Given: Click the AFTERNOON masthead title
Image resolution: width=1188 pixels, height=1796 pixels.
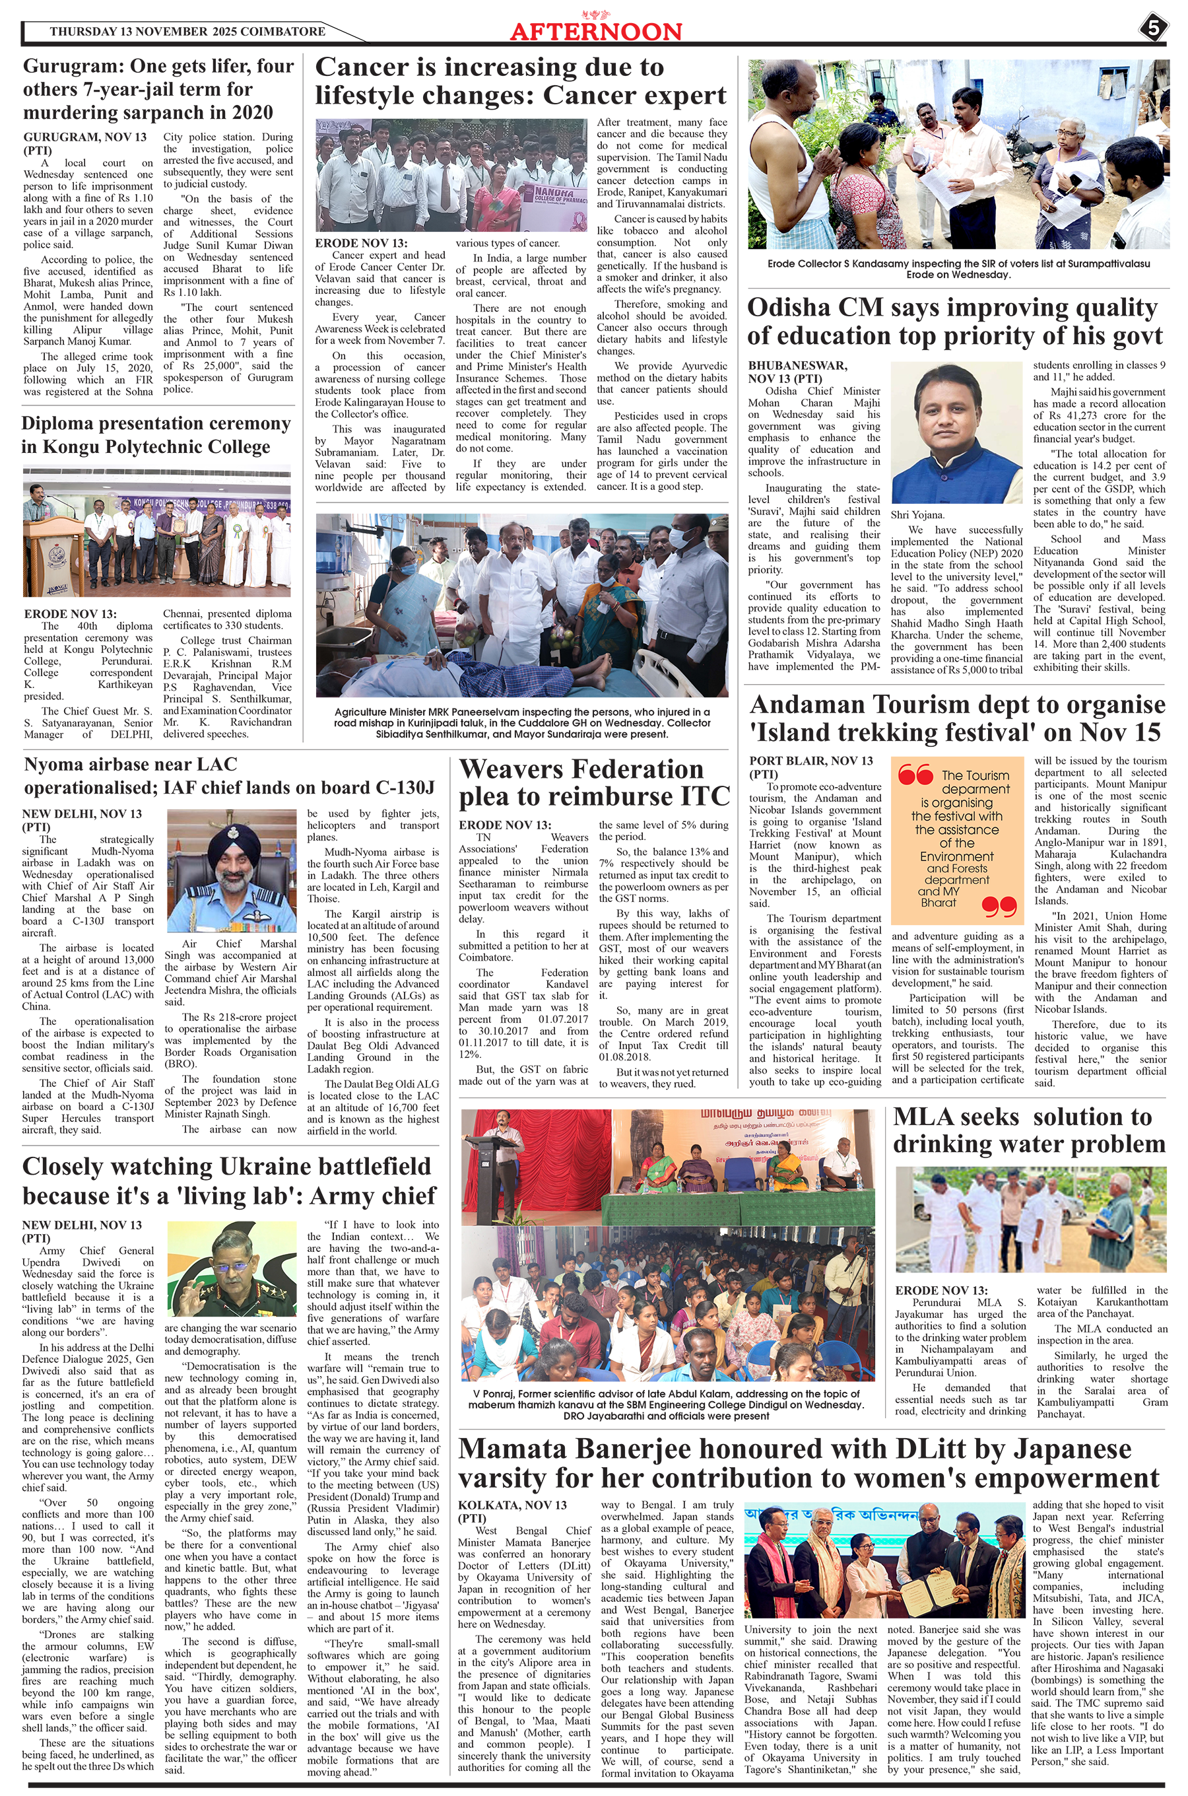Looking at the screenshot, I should [x=595, y=32].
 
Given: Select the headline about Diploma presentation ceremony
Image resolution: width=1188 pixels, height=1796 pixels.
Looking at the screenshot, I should [x=156, y=435].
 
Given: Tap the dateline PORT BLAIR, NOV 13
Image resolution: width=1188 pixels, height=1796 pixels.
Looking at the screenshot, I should [x=810, y=761].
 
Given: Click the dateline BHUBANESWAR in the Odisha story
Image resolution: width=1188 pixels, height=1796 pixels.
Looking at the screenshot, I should [x=798, y=365].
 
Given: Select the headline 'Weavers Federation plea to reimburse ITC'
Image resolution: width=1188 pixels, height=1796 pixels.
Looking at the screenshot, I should [x=594, y=783].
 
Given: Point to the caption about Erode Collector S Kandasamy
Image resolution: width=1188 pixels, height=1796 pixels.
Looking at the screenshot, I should [x=958, y=268].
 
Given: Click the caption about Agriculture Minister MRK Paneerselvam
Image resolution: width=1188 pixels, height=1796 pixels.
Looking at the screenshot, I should [x=522, y=722].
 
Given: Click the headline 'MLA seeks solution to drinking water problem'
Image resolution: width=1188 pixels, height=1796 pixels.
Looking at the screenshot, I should [x=1028, y=1130].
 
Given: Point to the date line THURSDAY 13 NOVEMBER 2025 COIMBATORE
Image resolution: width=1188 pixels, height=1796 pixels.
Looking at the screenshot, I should [x=187, y=32].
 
